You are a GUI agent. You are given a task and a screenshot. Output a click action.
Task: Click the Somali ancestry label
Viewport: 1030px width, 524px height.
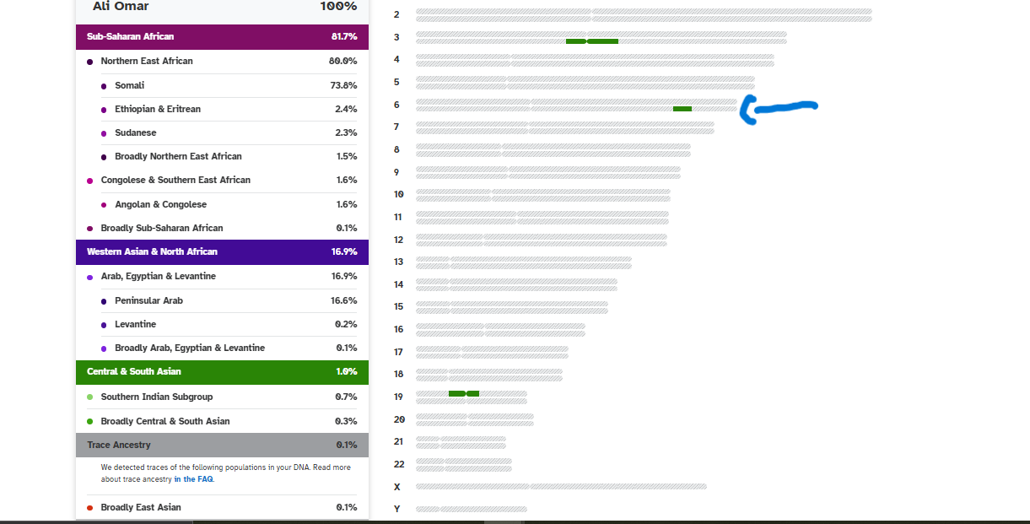tap(129, 85)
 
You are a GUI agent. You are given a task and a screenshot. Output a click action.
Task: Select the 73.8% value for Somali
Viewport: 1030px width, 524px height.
tap(343, 85)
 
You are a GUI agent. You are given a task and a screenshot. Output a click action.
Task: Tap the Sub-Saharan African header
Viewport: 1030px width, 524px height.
tap(131, 36)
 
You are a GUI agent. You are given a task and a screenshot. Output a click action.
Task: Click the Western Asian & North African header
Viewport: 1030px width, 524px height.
tap(152, 251)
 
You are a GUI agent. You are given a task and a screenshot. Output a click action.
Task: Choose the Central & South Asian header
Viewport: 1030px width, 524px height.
tap(134, 371)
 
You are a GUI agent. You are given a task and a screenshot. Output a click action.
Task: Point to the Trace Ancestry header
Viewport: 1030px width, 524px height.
tap(119, 445)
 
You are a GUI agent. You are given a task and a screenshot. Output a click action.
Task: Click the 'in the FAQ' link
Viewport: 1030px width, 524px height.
tap(193, 479)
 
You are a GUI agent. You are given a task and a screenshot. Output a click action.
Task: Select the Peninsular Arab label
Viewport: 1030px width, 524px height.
tap(148, 300)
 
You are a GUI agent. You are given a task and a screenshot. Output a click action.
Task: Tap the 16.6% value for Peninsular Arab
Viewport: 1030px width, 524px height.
tap(343, 300)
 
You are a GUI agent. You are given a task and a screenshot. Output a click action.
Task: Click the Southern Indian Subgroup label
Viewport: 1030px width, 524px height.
tap(157, 397)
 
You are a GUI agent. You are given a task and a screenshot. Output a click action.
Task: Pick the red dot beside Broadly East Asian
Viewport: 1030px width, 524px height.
tap(89, 507)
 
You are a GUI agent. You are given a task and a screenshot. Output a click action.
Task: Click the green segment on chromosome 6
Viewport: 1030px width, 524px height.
tap(682, 109)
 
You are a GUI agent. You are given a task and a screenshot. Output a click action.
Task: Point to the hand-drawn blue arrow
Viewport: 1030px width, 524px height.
tap(780, 108)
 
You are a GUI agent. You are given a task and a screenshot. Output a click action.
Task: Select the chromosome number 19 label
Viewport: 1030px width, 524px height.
tap(398, 397)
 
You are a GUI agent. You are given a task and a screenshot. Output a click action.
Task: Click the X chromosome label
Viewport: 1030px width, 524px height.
tap(396, 487)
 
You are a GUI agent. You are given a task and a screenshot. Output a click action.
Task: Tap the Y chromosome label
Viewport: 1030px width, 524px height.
tap(396, 509)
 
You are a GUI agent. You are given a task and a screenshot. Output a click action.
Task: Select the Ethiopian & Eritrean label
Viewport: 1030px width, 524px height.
tap(158, 109)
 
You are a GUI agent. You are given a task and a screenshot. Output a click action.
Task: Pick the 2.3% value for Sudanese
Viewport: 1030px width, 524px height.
tap(346, 132)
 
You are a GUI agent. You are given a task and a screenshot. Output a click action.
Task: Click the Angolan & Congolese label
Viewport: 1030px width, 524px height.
tap(160, 204)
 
